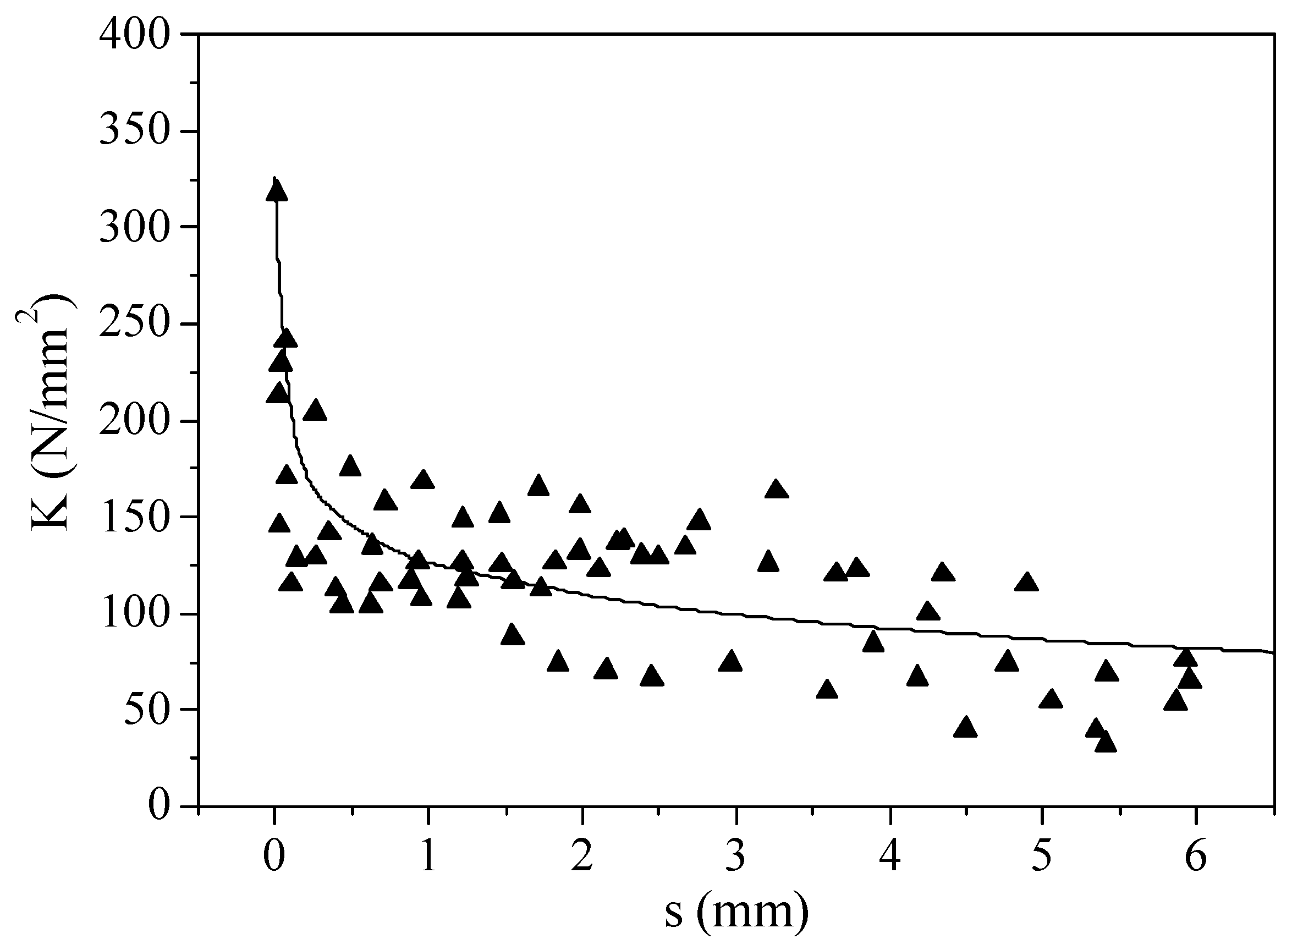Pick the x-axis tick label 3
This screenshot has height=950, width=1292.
(x=735, y=856)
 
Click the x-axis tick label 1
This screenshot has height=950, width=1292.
(x=428, y=856)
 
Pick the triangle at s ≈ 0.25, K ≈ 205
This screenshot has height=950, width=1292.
(x=315, y=410)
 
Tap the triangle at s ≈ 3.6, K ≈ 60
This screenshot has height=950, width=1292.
(x=827, y=689)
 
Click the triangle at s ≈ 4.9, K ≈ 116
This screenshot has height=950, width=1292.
(x=1026, y=583)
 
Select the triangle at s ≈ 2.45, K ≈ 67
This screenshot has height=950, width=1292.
(x=651, y=676)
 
